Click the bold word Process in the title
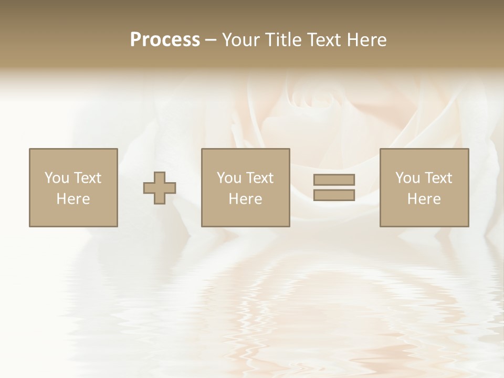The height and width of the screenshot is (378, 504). point(165,40)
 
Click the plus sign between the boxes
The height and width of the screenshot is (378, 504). point(160,188)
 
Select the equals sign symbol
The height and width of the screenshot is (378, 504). point(334,187)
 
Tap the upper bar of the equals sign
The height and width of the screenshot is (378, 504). point(334,180)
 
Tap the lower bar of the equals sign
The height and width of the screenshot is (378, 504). point(334,195)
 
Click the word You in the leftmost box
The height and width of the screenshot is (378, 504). point(56,178)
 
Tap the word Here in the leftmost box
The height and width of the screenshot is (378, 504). point(73,199)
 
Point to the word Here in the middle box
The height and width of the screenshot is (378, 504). point(246,199)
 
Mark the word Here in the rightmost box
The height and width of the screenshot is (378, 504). point(424,199)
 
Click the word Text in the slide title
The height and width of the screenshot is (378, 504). point(324,40)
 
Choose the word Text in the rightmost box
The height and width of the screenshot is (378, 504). point(438,178)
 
